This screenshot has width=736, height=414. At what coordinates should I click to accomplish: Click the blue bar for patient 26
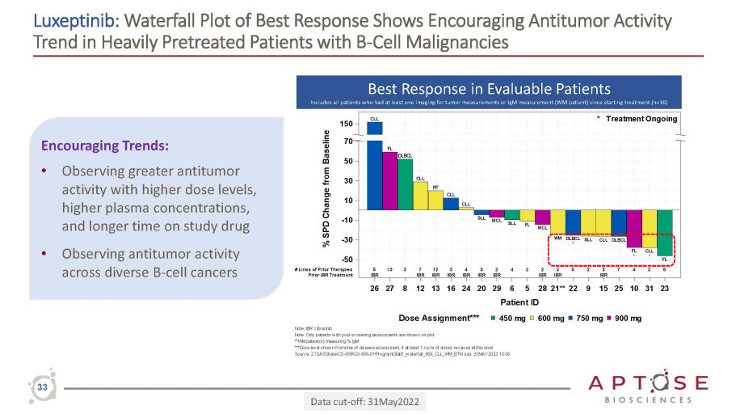tap(375, 170)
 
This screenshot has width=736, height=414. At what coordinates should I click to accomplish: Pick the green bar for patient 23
tap(665, 233)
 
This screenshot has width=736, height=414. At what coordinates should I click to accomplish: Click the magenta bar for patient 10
tap(634, 229)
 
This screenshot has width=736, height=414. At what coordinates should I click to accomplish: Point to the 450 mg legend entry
tap(512, 318)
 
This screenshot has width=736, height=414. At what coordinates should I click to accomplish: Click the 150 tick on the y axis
tap(345, 125)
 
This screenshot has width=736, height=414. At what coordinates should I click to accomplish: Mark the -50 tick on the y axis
tap(345, 259)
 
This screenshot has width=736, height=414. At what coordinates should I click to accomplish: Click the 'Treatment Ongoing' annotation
tap(644, 119)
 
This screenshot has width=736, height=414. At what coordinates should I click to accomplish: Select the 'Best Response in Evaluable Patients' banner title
tap(489, 88)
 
